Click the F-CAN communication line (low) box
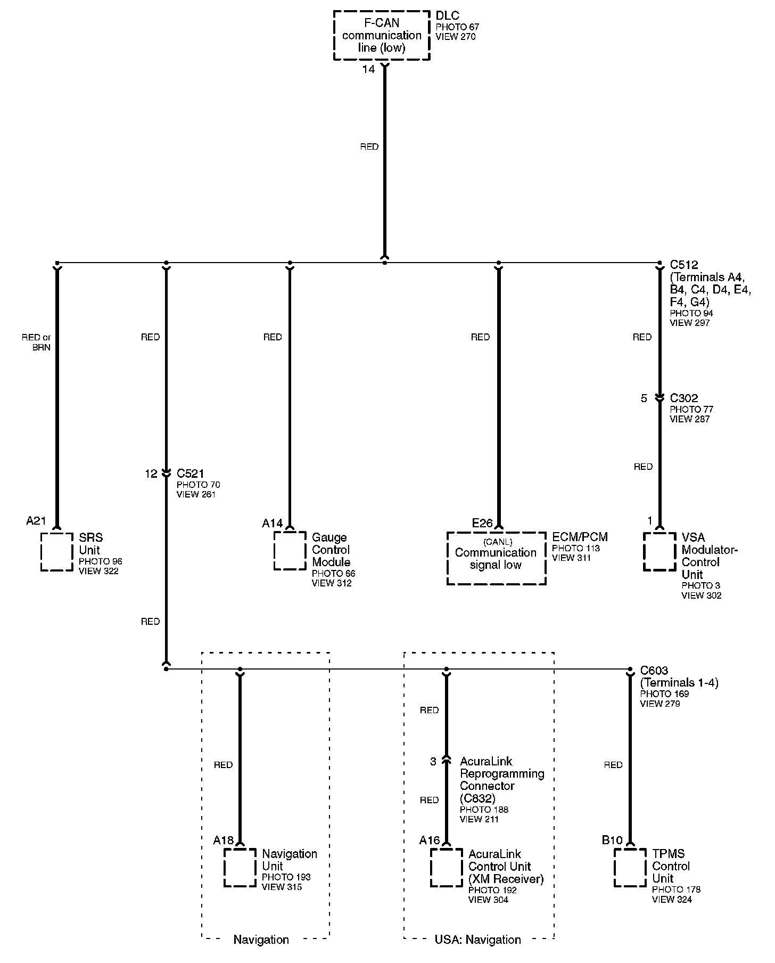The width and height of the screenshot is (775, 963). coord(382,35)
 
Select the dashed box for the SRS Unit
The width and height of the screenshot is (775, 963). coord(57,552)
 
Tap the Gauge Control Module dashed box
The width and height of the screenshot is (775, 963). coord(290,551)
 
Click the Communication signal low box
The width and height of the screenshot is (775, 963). coord(496,558)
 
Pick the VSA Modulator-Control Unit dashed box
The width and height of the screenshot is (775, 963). coord(660,551)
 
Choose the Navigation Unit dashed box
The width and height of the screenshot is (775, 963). coord(240,868)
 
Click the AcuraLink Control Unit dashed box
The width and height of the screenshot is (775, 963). coord(446,868)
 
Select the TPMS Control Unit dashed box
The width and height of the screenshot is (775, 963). coord(630,868)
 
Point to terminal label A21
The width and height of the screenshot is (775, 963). coord(37,521)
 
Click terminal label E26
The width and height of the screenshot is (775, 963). coord(482,523)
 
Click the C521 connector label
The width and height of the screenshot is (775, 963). coord(191,473)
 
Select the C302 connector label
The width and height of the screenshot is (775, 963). coord(684,398)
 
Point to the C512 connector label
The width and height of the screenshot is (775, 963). coord(684,265)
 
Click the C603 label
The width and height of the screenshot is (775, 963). coord(654,671)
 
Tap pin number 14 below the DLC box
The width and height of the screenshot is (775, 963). coord(368,69)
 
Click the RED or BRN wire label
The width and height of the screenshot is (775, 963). coord(36,342)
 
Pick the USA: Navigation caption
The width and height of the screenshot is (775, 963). coord(478,940)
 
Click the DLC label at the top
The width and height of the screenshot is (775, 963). coord(447,15)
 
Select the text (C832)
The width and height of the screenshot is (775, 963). coord(477,798)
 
